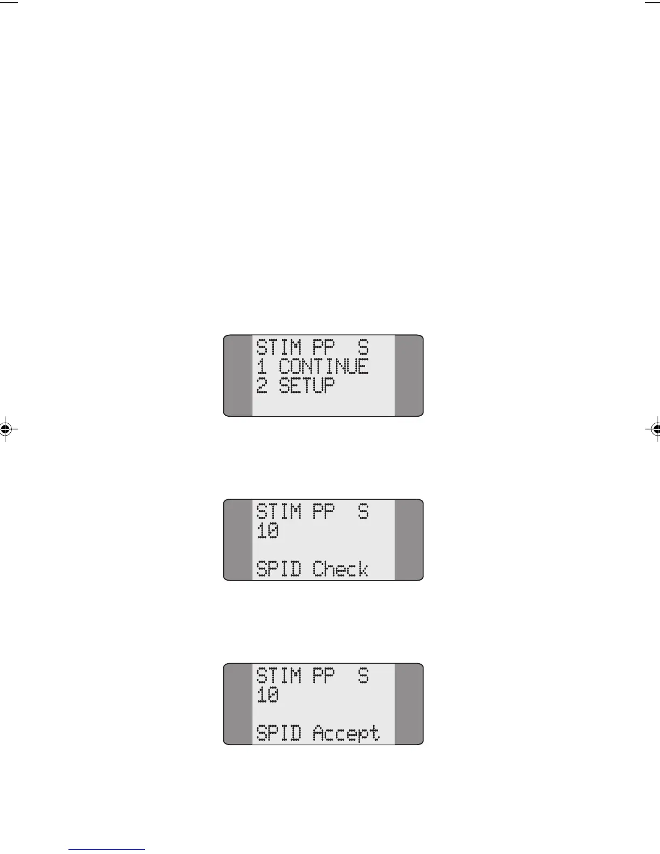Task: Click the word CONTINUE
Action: [324, 367]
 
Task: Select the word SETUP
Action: [306, 386]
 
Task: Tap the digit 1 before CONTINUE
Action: [262, 367]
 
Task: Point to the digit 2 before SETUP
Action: [262, 386]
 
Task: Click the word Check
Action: [340, 569]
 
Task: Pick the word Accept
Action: [346, 734]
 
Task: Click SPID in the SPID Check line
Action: [278, 569]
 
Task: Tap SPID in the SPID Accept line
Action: [278, 734]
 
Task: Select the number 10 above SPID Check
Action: [267, 532]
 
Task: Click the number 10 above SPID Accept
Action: [267, 696]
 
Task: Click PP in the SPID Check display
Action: [324, 511]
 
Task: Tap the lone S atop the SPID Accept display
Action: [363, 676]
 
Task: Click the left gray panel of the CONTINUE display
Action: [238, 375]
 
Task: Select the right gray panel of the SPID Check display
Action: [409, 540]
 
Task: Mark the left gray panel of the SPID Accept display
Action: [238, 704]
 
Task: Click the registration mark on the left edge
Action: [5, 429]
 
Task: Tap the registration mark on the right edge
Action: [656, 429]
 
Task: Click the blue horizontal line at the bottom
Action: [107, 849]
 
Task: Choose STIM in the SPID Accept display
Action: [278, 676]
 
